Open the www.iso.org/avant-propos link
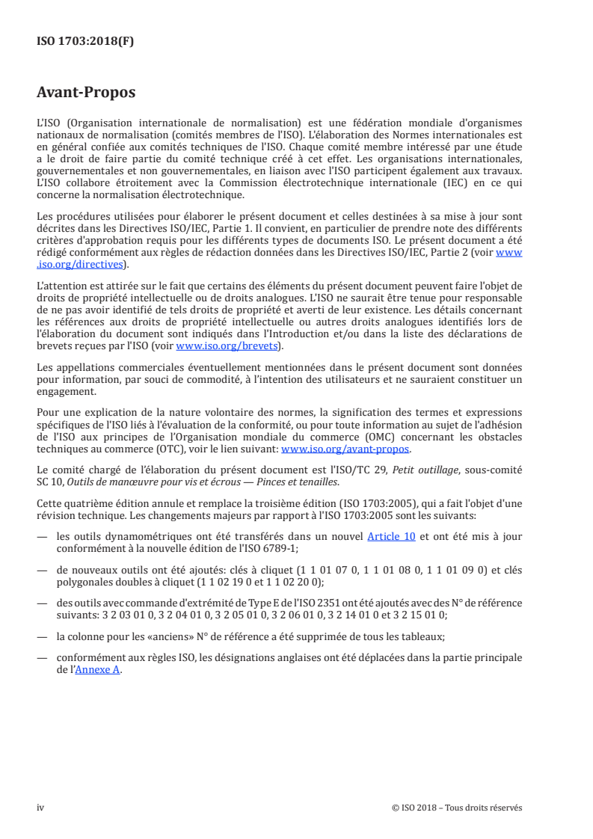(x=345, y=449)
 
